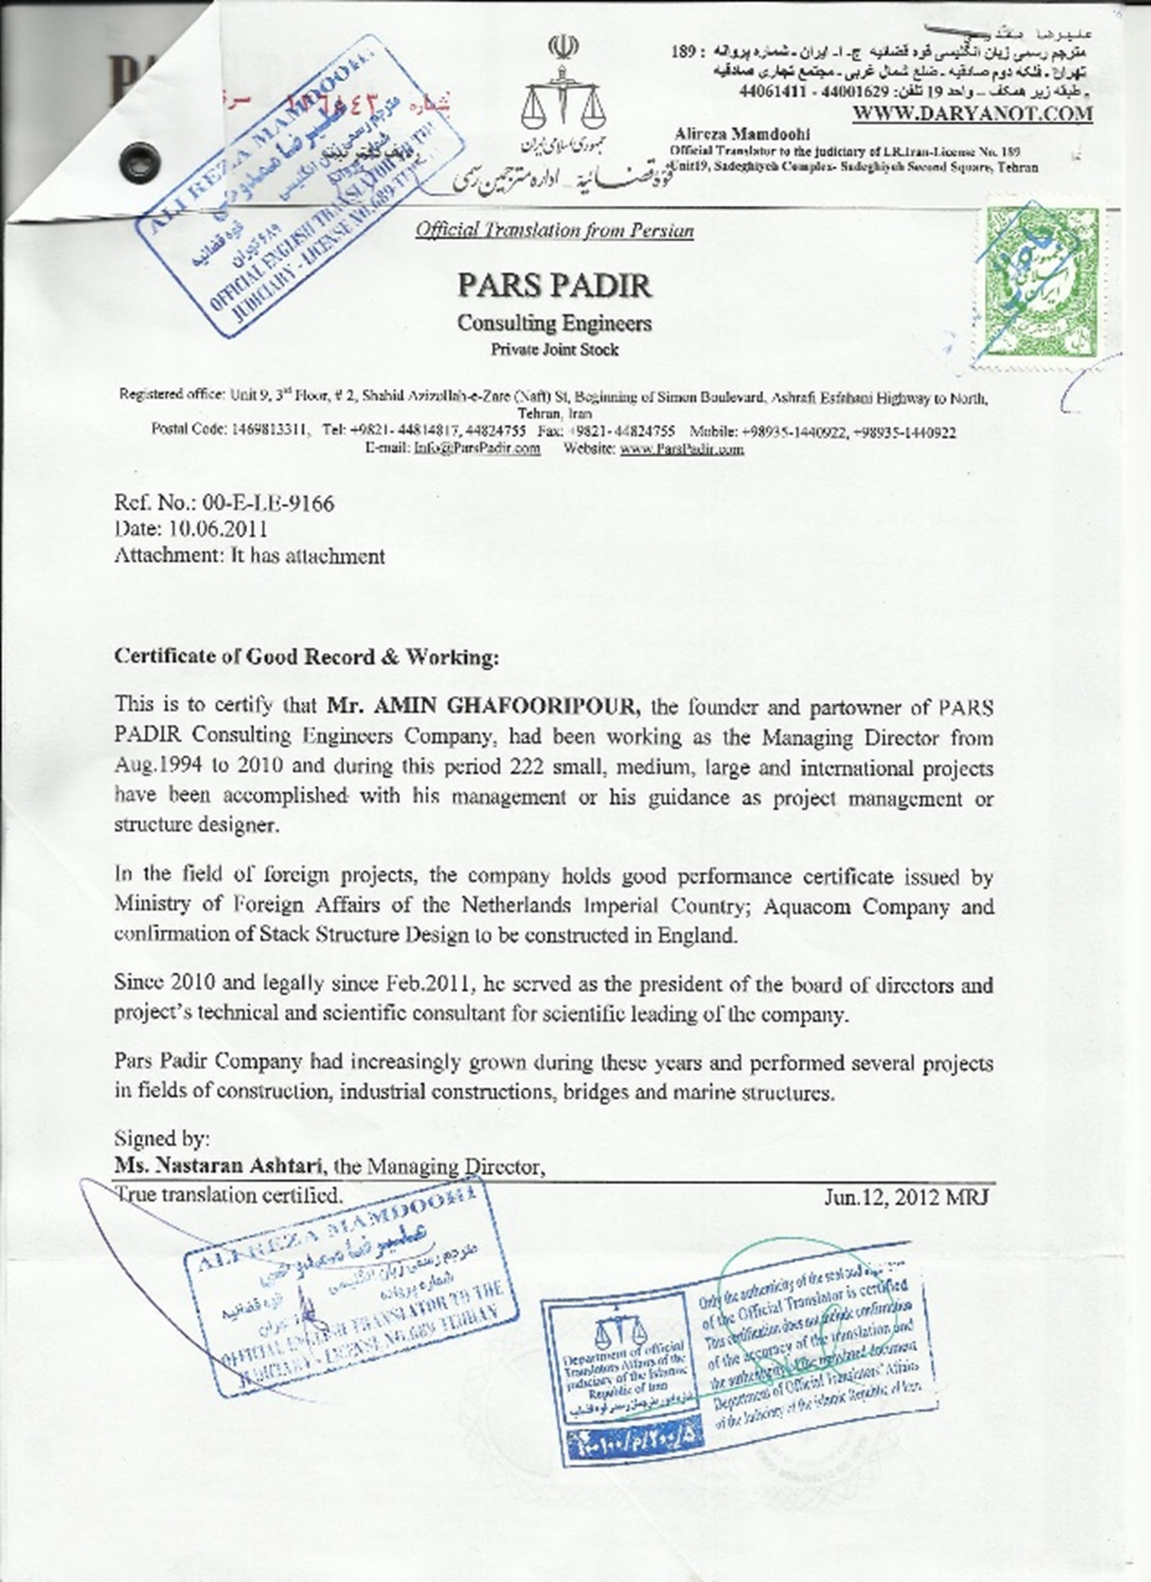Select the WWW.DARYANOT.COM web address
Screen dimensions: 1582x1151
tap(972, 114)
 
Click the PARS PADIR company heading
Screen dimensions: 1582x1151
tap(554, 285)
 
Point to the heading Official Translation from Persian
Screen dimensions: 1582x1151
tap(554, 230)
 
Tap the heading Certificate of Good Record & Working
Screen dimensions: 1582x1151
tap(306, 656)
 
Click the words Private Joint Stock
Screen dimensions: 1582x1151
tap(554, 350)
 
